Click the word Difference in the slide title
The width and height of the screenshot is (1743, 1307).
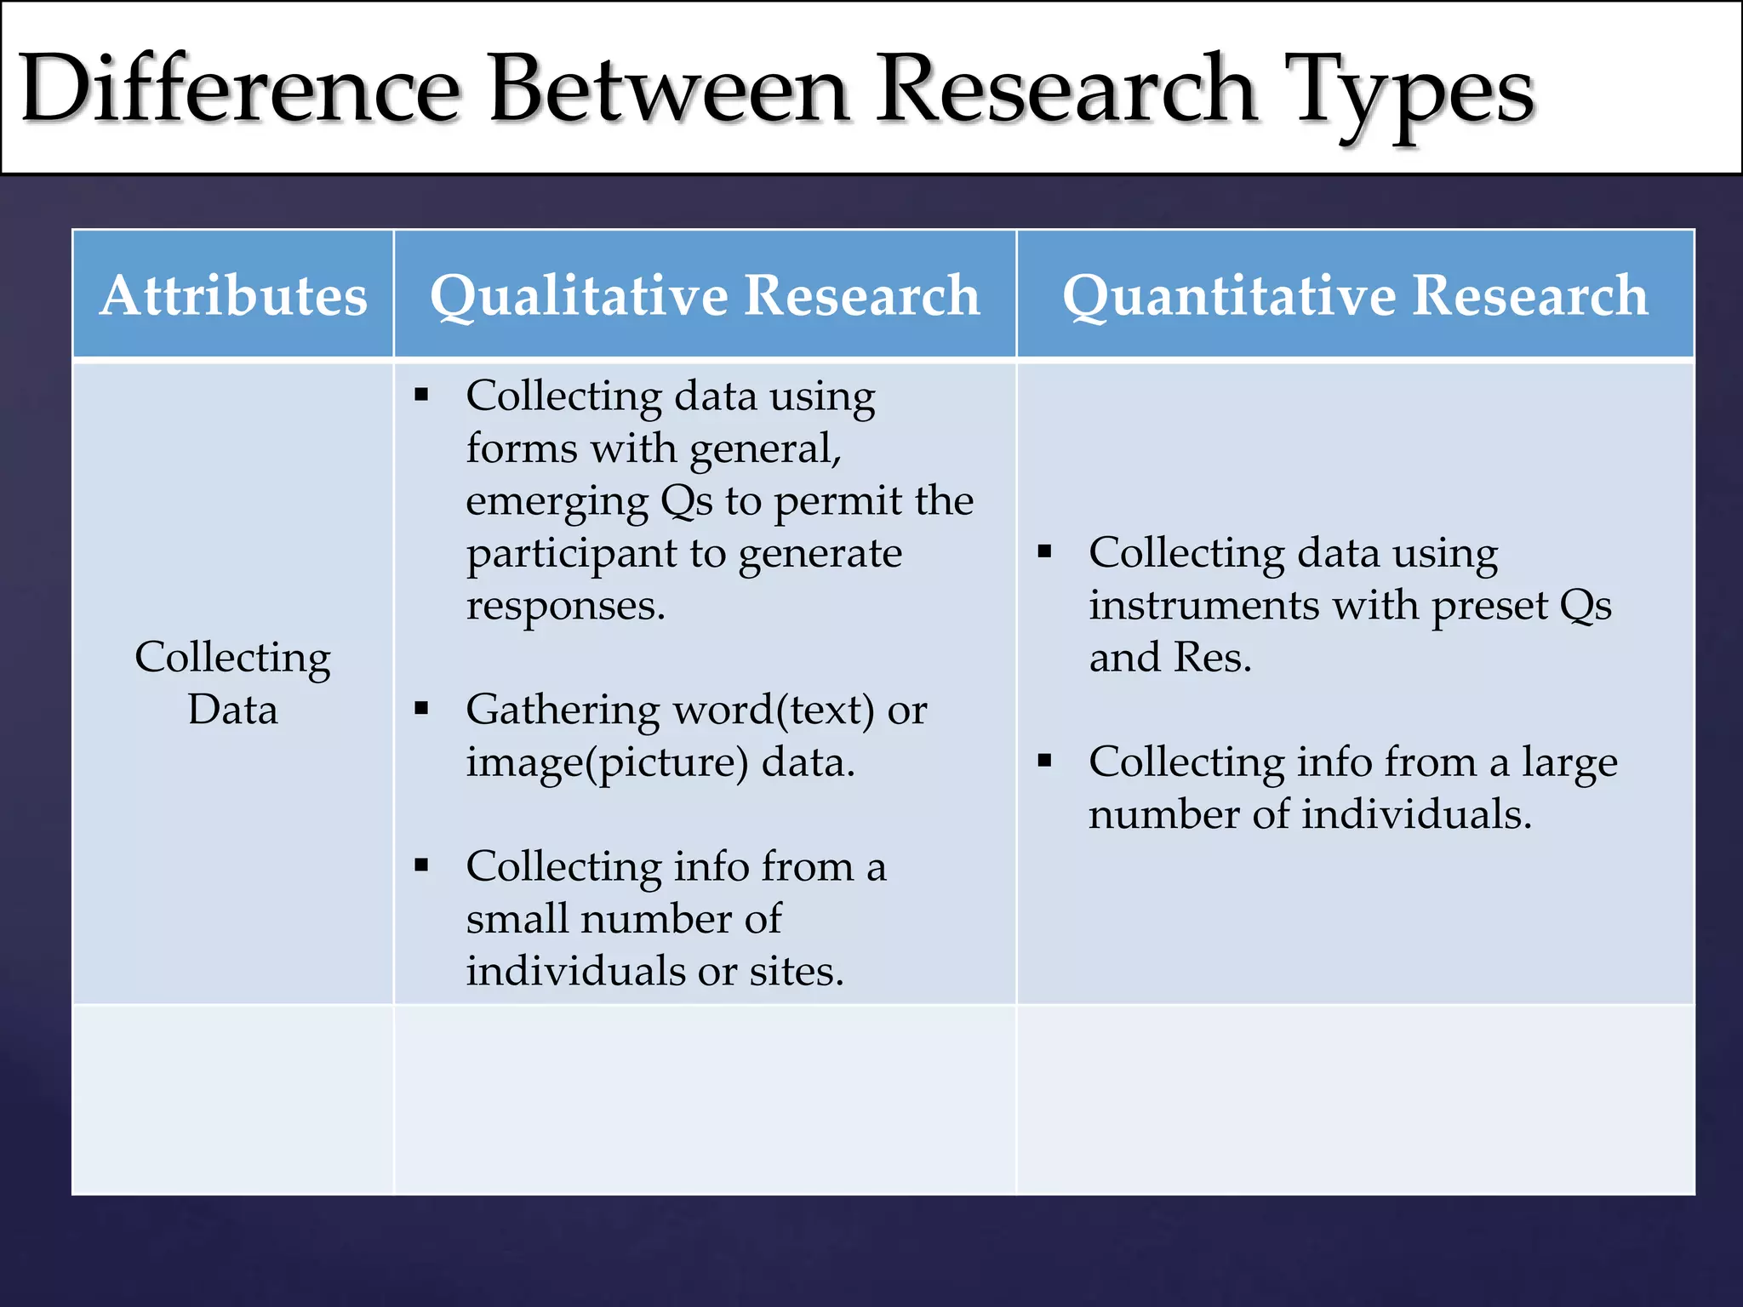[240, 89]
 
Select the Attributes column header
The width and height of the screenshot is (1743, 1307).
[233, 295]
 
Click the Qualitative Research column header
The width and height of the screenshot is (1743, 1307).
[705, 295]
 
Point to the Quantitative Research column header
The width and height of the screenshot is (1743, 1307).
[1355, 295]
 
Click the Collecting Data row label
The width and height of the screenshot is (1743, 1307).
[232, 682]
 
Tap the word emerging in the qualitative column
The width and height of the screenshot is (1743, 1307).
[557, 501]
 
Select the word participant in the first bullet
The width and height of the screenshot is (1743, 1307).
[570, 555]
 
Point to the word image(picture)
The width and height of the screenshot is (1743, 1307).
[607, 762]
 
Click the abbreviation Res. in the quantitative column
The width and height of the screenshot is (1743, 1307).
[1212, 658]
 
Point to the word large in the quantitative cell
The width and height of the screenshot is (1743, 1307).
[1569, 762]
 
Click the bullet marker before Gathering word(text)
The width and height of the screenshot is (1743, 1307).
[421, 708]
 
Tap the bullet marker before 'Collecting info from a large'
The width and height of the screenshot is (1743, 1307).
[1044, 761]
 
